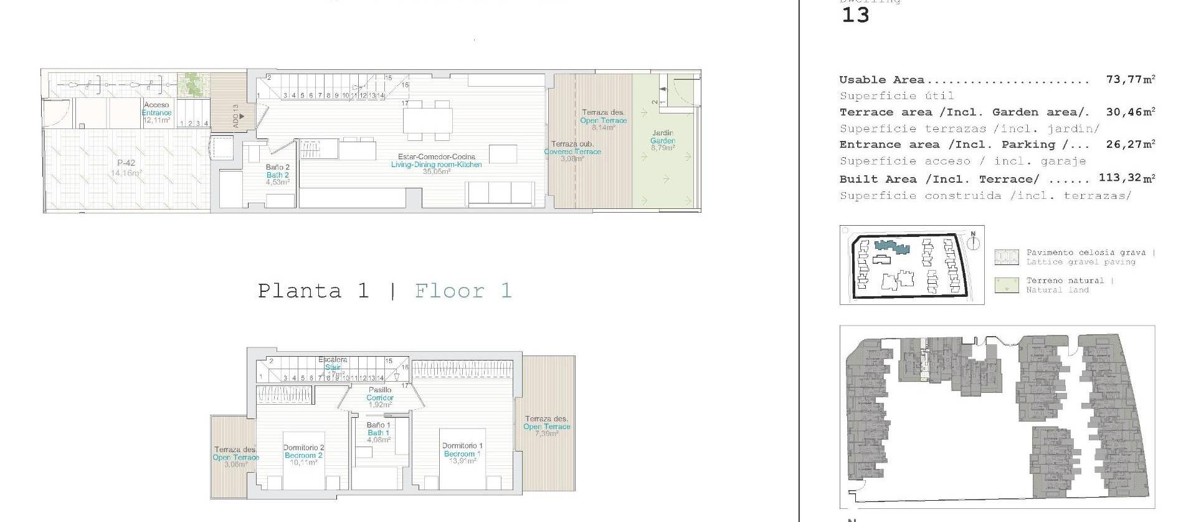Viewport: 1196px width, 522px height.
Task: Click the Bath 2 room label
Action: (277, 175)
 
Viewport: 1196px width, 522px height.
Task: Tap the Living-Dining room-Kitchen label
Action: (436, 164)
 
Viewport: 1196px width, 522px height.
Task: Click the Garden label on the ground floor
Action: (663, 141)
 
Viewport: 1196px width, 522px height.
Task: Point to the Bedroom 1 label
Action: (462, 454)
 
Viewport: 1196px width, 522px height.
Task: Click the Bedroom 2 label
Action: (303, 455)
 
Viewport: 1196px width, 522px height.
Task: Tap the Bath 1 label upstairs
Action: (378, 433)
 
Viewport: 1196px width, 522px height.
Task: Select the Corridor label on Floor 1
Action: (379, 397)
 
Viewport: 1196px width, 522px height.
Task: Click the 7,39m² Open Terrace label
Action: (546, 427)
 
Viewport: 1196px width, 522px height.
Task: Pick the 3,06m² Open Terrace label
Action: (235, 457)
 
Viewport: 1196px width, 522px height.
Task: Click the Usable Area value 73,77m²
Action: (1131, 79)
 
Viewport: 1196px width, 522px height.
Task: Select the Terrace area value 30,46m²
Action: (1131, 112)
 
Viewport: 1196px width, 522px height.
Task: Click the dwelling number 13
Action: (855, 16)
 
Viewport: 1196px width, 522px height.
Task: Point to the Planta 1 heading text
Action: (313, 291)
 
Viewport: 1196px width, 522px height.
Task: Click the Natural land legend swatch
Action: (1006, 286)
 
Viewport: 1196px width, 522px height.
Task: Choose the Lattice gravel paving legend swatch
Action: (1006, 257)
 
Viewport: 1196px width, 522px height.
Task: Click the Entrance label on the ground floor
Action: (156, 113)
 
